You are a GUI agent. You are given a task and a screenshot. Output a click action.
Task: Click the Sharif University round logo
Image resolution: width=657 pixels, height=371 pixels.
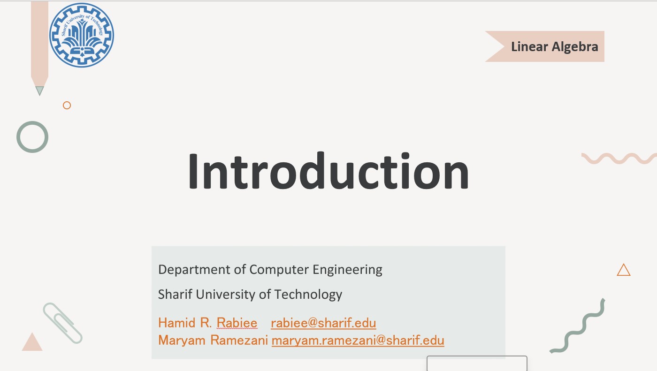click(x=82, y=35)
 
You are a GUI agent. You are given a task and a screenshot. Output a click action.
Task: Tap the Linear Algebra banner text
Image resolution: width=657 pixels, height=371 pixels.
click(x=554, y=46)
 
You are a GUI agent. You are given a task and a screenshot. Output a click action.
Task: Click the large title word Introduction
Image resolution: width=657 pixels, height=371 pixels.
click(x=328, y=171)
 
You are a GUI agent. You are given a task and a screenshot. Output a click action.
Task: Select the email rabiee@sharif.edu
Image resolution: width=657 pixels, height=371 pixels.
click(x=323, y=323)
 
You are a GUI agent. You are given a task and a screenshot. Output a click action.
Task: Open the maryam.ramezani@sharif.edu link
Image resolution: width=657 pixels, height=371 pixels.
click(x=358, y=340)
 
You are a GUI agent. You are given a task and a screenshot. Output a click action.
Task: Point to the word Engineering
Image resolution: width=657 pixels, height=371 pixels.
click(x=347, y=270)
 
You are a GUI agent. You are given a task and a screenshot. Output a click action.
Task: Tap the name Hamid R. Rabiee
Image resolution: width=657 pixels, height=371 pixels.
click(x=207, y=323)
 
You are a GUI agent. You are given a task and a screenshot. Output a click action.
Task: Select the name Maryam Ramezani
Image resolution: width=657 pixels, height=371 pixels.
click(x=213, y=340)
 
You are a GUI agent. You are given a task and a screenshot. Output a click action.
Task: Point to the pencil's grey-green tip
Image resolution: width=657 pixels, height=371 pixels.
click(x=39, y=91)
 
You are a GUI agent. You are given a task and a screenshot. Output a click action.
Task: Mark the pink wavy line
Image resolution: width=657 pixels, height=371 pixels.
click(x=619, y=158)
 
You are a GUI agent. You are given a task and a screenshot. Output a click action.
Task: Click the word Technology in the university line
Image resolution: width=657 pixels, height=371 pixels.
click(x=308, y=295)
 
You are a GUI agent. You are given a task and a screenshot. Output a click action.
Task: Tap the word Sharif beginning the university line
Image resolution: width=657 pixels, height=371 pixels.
click(x=175, y=294)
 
